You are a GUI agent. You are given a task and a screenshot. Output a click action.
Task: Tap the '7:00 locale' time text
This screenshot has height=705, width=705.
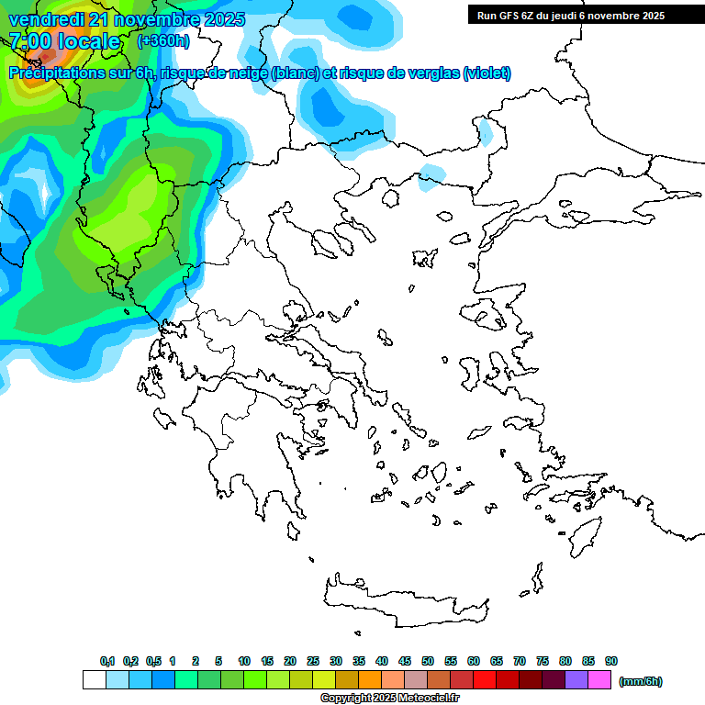click(64, 42)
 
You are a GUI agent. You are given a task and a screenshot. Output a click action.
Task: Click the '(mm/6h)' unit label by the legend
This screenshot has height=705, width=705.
click(641, 681)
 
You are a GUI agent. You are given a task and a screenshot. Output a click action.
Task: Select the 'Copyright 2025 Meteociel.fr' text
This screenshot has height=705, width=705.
click(389, 699)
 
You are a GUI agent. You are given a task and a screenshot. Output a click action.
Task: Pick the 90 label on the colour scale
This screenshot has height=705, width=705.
click(611, 661)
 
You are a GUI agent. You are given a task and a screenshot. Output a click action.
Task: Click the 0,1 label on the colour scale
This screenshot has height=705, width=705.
click(106, 661)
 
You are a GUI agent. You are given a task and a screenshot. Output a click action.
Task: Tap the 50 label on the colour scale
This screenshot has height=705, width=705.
click(428, 661)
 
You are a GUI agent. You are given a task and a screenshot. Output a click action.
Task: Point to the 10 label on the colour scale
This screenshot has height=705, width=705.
click(244, 661)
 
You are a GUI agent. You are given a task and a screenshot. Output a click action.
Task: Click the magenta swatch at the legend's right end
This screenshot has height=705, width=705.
click(599, 680)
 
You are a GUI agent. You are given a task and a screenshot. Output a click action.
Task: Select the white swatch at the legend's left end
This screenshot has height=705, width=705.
click(94, 680)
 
